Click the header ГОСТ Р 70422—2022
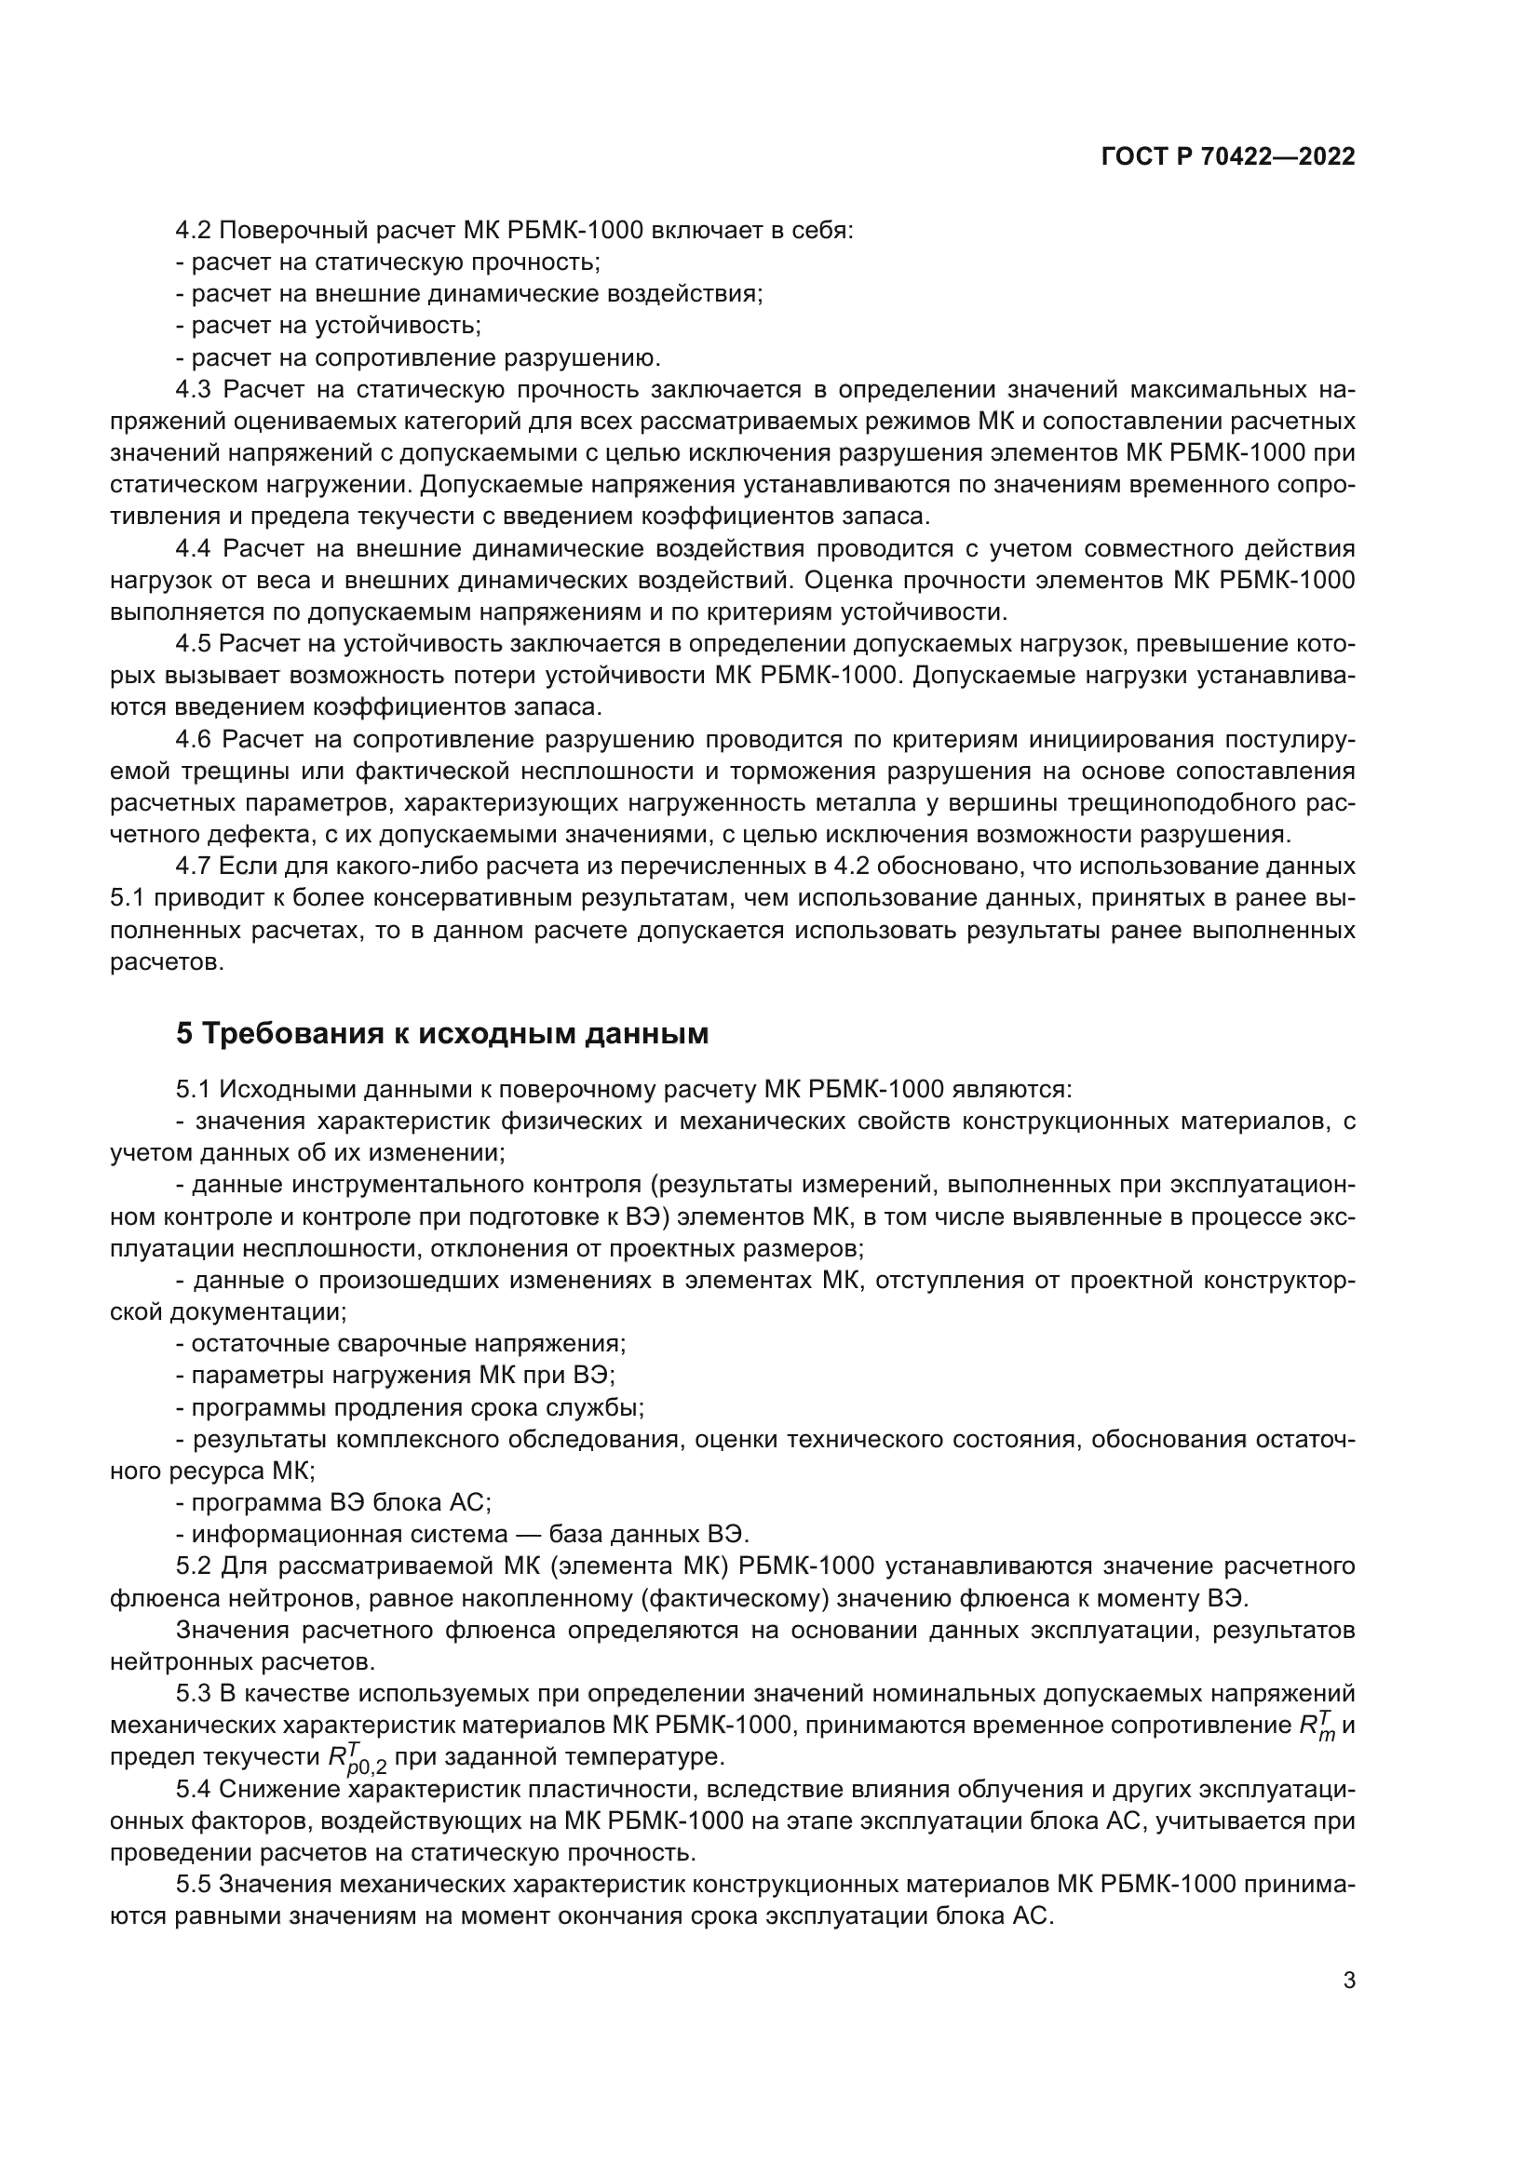point(1227,157)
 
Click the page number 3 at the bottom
point(1348,1980)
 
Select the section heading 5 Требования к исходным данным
point(442,1032)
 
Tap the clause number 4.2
point(196,231)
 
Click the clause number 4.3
point(196,390)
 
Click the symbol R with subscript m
point(1317,1725)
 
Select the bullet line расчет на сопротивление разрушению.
point(425,358)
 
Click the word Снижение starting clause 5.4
point(275,1789)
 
